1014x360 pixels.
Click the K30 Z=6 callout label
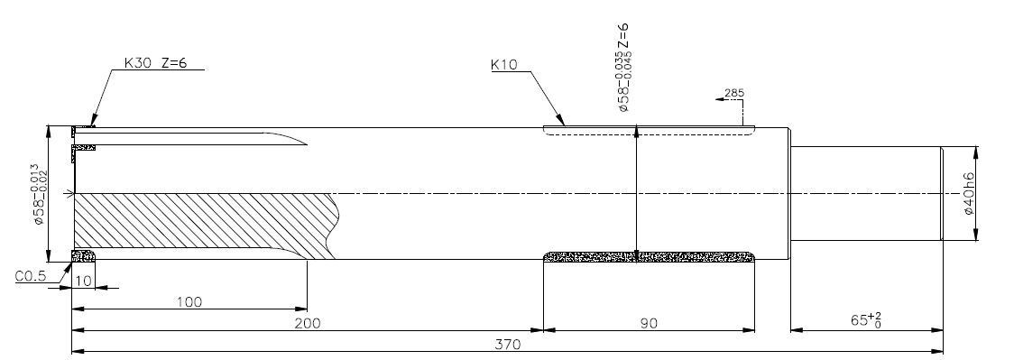coord(156,63)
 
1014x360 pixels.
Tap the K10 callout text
coord(504,65)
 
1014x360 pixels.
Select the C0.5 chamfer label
coord(31,277)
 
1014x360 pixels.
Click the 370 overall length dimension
coord(508,345)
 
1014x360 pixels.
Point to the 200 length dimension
coord(308,323)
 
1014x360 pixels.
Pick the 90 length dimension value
coord(649,323)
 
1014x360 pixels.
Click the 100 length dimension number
coord(189,302)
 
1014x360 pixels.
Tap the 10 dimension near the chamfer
coord(83,281)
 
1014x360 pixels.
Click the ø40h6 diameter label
coord(970,194)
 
